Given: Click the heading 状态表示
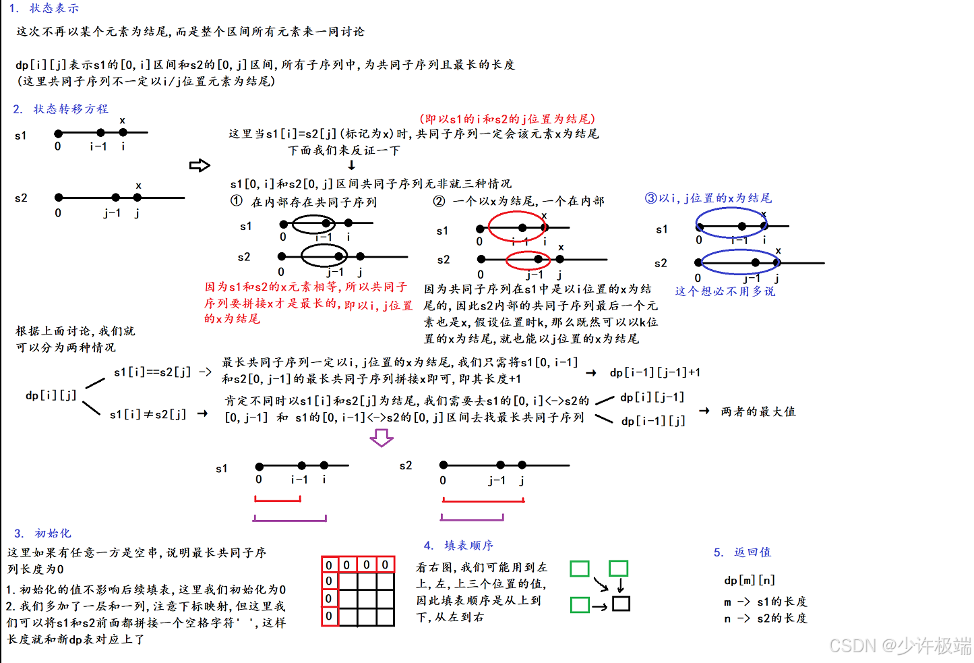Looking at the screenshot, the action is point(54,9).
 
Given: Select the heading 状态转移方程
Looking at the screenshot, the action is point(70,109).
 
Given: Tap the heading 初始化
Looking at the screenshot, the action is point(53,534).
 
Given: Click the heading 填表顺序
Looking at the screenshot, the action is point(468,546).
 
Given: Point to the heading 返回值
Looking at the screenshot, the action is point(752,552).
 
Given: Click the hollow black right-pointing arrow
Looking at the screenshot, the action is point(200,165).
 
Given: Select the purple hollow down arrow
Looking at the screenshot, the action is point(382,438).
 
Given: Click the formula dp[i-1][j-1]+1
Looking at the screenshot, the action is point(655,372).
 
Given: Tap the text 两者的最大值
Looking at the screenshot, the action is point(758,411).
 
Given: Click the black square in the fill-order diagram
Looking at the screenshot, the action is point(621,604).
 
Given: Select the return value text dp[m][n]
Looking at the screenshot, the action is point(750,580).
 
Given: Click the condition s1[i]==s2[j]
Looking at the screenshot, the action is point(152,372).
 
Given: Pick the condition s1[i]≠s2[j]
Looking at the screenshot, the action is point(148,414).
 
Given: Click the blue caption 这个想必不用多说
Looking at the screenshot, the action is point(725,291).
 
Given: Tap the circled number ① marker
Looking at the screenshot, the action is point(236,201).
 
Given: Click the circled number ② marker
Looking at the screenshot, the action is point(439,201).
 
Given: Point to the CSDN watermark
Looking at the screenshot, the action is point(899,645).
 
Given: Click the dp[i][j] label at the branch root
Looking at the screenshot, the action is point(51,395).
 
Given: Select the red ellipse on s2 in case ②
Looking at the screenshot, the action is point(528,260).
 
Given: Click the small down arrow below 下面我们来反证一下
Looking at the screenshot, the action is point(351,165).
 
